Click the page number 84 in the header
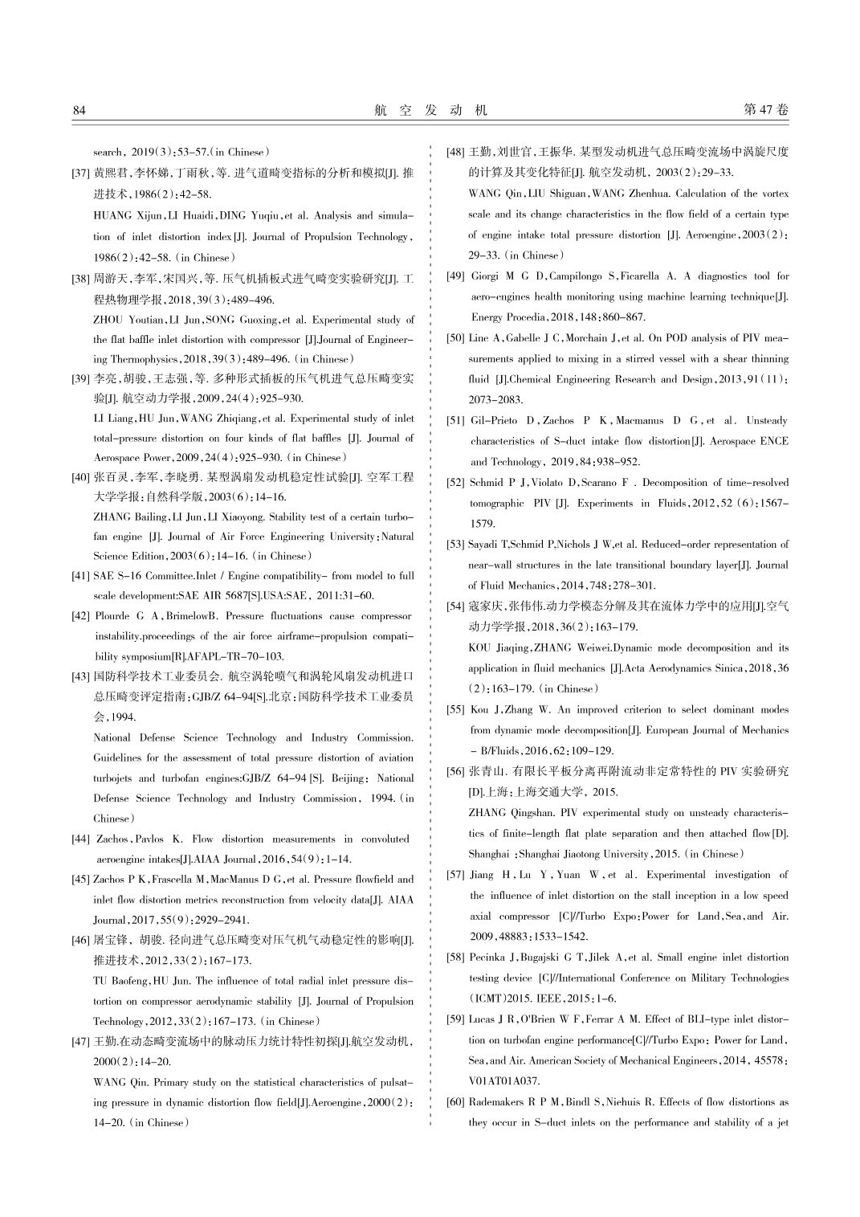tap(79, 110)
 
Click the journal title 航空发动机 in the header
tap(430, 110)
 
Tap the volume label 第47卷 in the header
tap(766, 110)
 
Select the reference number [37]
tap(80, 173)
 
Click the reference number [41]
tap(80, 576)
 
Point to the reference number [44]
tap(80, 839)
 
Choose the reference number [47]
tap(80, 1042)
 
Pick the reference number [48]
tap(455, 152)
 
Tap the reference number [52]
tap(455, 483)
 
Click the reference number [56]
tap(455, 771)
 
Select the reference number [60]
tap(455, 1102)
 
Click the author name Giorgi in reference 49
tap(485, 276)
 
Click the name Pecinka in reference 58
tap(487, 958)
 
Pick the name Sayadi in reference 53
tap(483, 545)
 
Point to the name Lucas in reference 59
tap(482, 1019)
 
